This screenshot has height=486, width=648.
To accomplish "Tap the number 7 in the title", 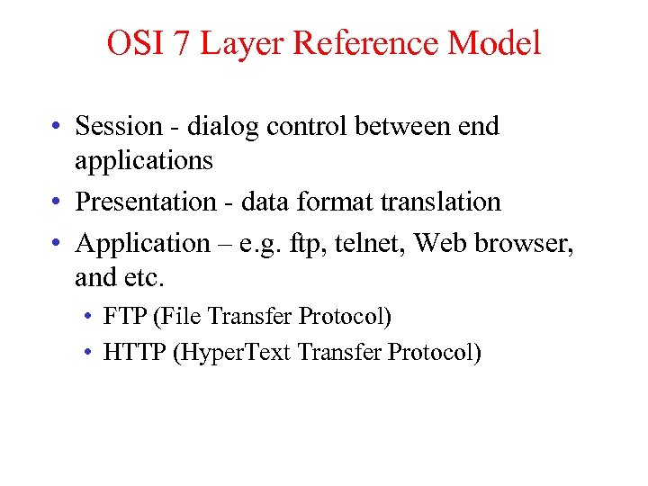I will click(x=181, y=42).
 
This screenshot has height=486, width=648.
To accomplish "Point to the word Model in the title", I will click(x=501, y=42).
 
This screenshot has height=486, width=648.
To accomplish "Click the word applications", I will click(x=144, y=160).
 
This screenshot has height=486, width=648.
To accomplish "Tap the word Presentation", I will click(x=141, y=202).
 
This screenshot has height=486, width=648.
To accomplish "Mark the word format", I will click(x=335, y=202).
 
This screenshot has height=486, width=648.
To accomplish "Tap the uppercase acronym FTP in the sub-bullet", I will click(x=123, y=317).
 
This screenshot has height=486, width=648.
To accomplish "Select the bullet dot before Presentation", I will click(x=56, y=202).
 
